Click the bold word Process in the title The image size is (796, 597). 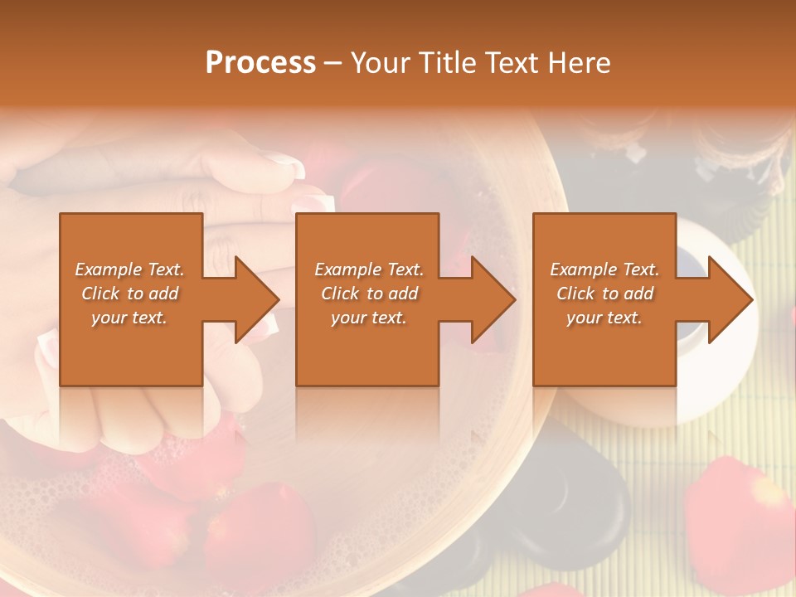point(260,62)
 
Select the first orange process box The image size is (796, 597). point(131,348)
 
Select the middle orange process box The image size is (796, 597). point(367,348)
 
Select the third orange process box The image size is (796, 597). point(604,348)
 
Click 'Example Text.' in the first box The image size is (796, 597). point(129,269)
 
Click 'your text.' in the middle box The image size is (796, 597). point(369,318)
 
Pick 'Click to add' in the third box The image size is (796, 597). point(605,294)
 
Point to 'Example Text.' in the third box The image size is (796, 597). point(604,269)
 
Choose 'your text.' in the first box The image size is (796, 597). point(129,318)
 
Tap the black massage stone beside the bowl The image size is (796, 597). point(580,498)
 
